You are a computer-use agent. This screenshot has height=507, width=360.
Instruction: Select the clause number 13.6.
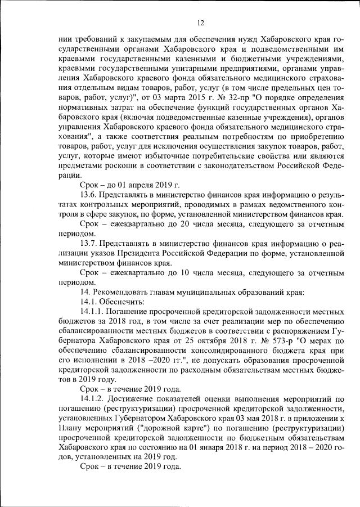91,194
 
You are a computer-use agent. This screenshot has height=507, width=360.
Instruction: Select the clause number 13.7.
91,243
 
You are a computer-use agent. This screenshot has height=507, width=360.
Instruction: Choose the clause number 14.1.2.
94,400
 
